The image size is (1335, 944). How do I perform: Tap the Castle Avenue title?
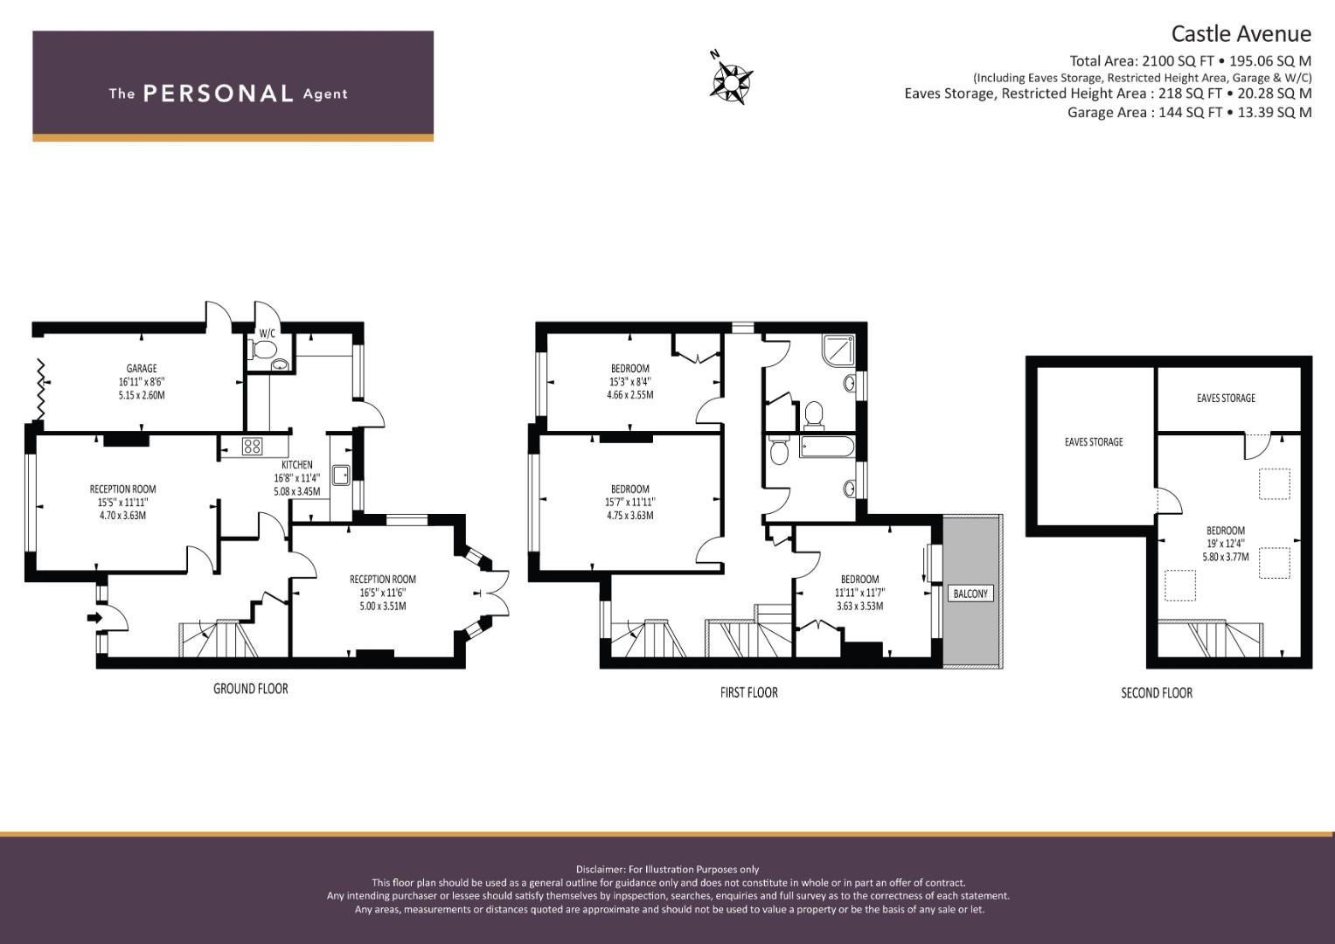coord(1241,34)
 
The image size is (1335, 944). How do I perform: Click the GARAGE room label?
coord(142,368)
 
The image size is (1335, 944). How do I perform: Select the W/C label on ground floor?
coord(267,334)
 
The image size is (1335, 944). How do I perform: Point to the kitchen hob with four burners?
coord(252,446)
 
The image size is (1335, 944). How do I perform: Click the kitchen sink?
coord(341,475)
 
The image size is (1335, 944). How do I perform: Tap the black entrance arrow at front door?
coord(94,617)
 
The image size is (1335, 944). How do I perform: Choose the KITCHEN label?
coord(296,465)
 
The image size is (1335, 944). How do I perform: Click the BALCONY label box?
coord(970,593)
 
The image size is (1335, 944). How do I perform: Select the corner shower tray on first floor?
coord(838,349)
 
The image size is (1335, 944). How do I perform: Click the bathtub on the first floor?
coord(827,447)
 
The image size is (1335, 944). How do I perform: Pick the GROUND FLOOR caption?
coord(250,689)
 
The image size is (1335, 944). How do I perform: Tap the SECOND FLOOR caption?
coord(1157,693)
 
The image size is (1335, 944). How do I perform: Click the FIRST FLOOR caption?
coord(749,692)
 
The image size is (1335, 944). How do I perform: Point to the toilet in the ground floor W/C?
coord(263,350)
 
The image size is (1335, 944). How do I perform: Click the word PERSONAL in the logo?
coord(219,94)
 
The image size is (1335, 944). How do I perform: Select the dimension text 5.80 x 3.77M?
coord(1226,558)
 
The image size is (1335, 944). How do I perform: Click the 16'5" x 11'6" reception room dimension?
coord(383,593)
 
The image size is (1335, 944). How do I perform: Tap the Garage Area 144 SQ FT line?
coord(1189,112)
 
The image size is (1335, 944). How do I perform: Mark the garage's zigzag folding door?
coord(40,390)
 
